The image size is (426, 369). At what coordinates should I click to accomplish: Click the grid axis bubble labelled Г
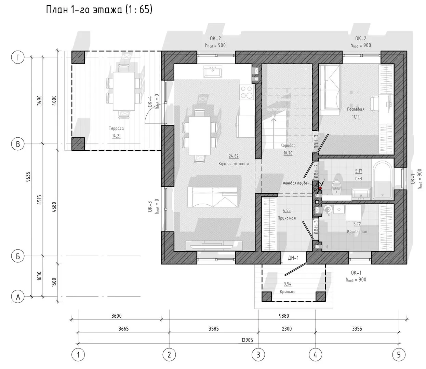[x=18, y=57]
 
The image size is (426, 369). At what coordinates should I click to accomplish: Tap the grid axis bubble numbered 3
[x=258, y=355]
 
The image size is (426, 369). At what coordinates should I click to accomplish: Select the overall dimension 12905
[x=247, y=340]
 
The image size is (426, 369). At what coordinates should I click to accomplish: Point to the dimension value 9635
[x=28, y=177]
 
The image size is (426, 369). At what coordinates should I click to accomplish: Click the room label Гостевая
[x=356, y=109]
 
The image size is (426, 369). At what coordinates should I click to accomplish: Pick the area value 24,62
[x=234, y=156]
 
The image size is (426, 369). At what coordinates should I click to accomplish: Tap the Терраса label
[x=116, y=128]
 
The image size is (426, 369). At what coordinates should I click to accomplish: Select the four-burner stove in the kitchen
[x=247, y=92]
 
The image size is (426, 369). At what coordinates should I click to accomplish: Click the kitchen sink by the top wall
[x=213, y=72]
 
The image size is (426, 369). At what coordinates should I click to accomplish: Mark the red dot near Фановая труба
[x=320, y=188]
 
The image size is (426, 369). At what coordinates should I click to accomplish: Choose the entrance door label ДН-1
[x=293, y=258]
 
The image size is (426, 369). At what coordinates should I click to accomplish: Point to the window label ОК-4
[x=150, y=101]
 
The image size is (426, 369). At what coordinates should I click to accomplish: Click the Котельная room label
[x=357, y=231]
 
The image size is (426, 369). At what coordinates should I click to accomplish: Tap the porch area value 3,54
[x=288, y=284]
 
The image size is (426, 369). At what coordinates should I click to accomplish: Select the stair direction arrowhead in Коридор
[x=274, y=120]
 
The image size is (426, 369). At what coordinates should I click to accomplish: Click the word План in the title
[x=57, y=10]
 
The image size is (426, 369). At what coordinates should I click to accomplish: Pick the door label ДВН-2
[x=317, y=171]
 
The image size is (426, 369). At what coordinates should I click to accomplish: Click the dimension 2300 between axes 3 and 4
[x=287, y=328]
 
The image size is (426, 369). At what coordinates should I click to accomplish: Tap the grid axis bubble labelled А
[x=18, y=297]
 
